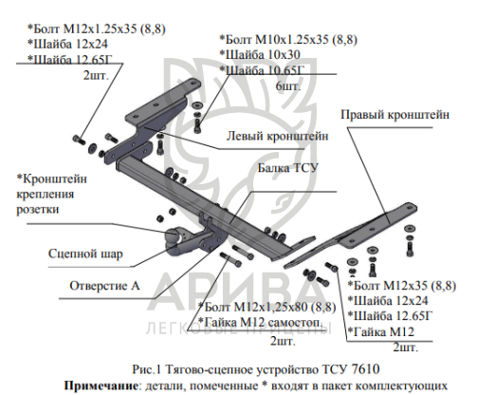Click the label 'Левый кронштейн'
click(277, 136)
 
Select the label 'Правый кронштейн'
click(394, 115)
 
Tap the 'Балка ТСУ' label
click(287, 168)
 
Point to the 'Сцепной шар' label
click(85, 254)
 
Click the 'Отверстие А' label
click(104, 286)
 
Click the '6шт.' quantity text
click(288, 85)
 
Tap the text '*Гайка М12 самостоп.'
click(261, 322)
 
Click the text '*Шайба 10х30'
click(260, 55)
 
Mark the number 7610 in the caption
click(365, 369)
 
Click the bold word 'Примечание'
click(101, 386)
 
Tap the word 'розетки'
click(38, 210)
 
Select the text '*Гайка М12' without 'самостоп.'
click(381, 332)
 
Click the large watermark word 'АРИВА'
click(234, 292)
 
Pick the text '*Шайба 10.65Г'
click(262, 70)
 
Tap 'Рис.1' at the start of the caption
click(147, 369)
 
